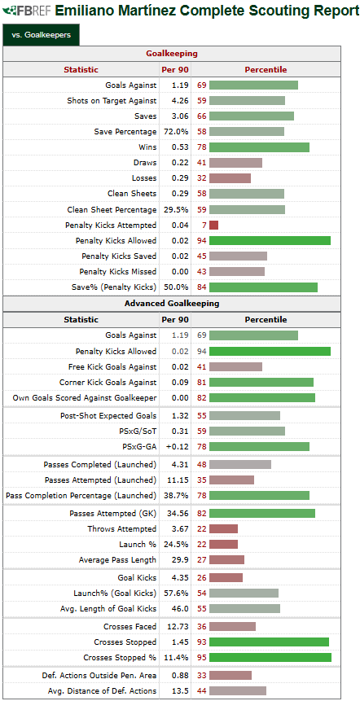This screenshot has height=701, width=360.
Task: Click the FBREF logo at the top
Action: (27, 11)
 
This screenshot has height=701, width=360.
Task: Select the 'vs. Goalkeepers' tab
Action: (41, 35)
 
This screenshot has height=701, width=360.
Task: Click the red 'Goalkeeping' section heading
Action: (172, 54)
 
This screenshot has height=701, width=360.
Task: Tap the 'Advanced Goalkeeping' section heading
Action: (172, 304)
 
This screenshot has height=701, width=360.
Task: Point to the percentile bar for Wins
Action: (259, 147)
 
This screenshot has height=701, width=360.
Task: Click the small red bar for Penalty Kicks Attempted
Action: (213, 225)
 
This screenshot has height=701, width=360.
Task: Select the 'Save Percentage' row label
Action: (125, 131)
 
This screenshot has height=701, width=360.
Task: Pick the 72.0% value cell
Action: (176, 131)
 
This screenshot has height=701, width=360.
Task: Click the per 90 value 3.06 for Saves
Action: (181, 116)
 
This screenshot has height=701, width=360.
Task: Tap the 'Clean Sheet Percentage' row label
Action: (112, 210)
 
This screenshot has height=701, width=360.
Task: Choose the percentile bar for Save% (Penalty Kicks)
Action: (263, 287)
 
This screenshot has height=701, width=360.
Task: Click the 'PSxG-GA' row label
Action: (142, 447)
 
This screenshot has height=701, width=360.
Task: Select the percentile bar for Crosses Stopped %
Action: (270, 658)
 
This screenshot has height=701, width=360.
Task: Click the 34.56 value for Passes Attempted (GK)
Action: (178, 514)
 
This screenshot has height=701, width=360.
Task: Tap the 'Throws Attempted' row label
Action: (122, 529)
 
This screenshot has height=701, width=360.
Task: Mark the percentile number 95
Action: (201, 658)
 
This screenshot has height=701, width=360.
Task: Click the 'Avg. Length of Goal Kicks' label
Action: (108, 608)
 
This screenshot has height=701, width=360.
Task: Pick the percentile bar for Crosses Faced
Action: (233, 626)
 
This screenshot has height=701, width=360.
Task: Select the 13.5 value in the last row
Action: (181, 690)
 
